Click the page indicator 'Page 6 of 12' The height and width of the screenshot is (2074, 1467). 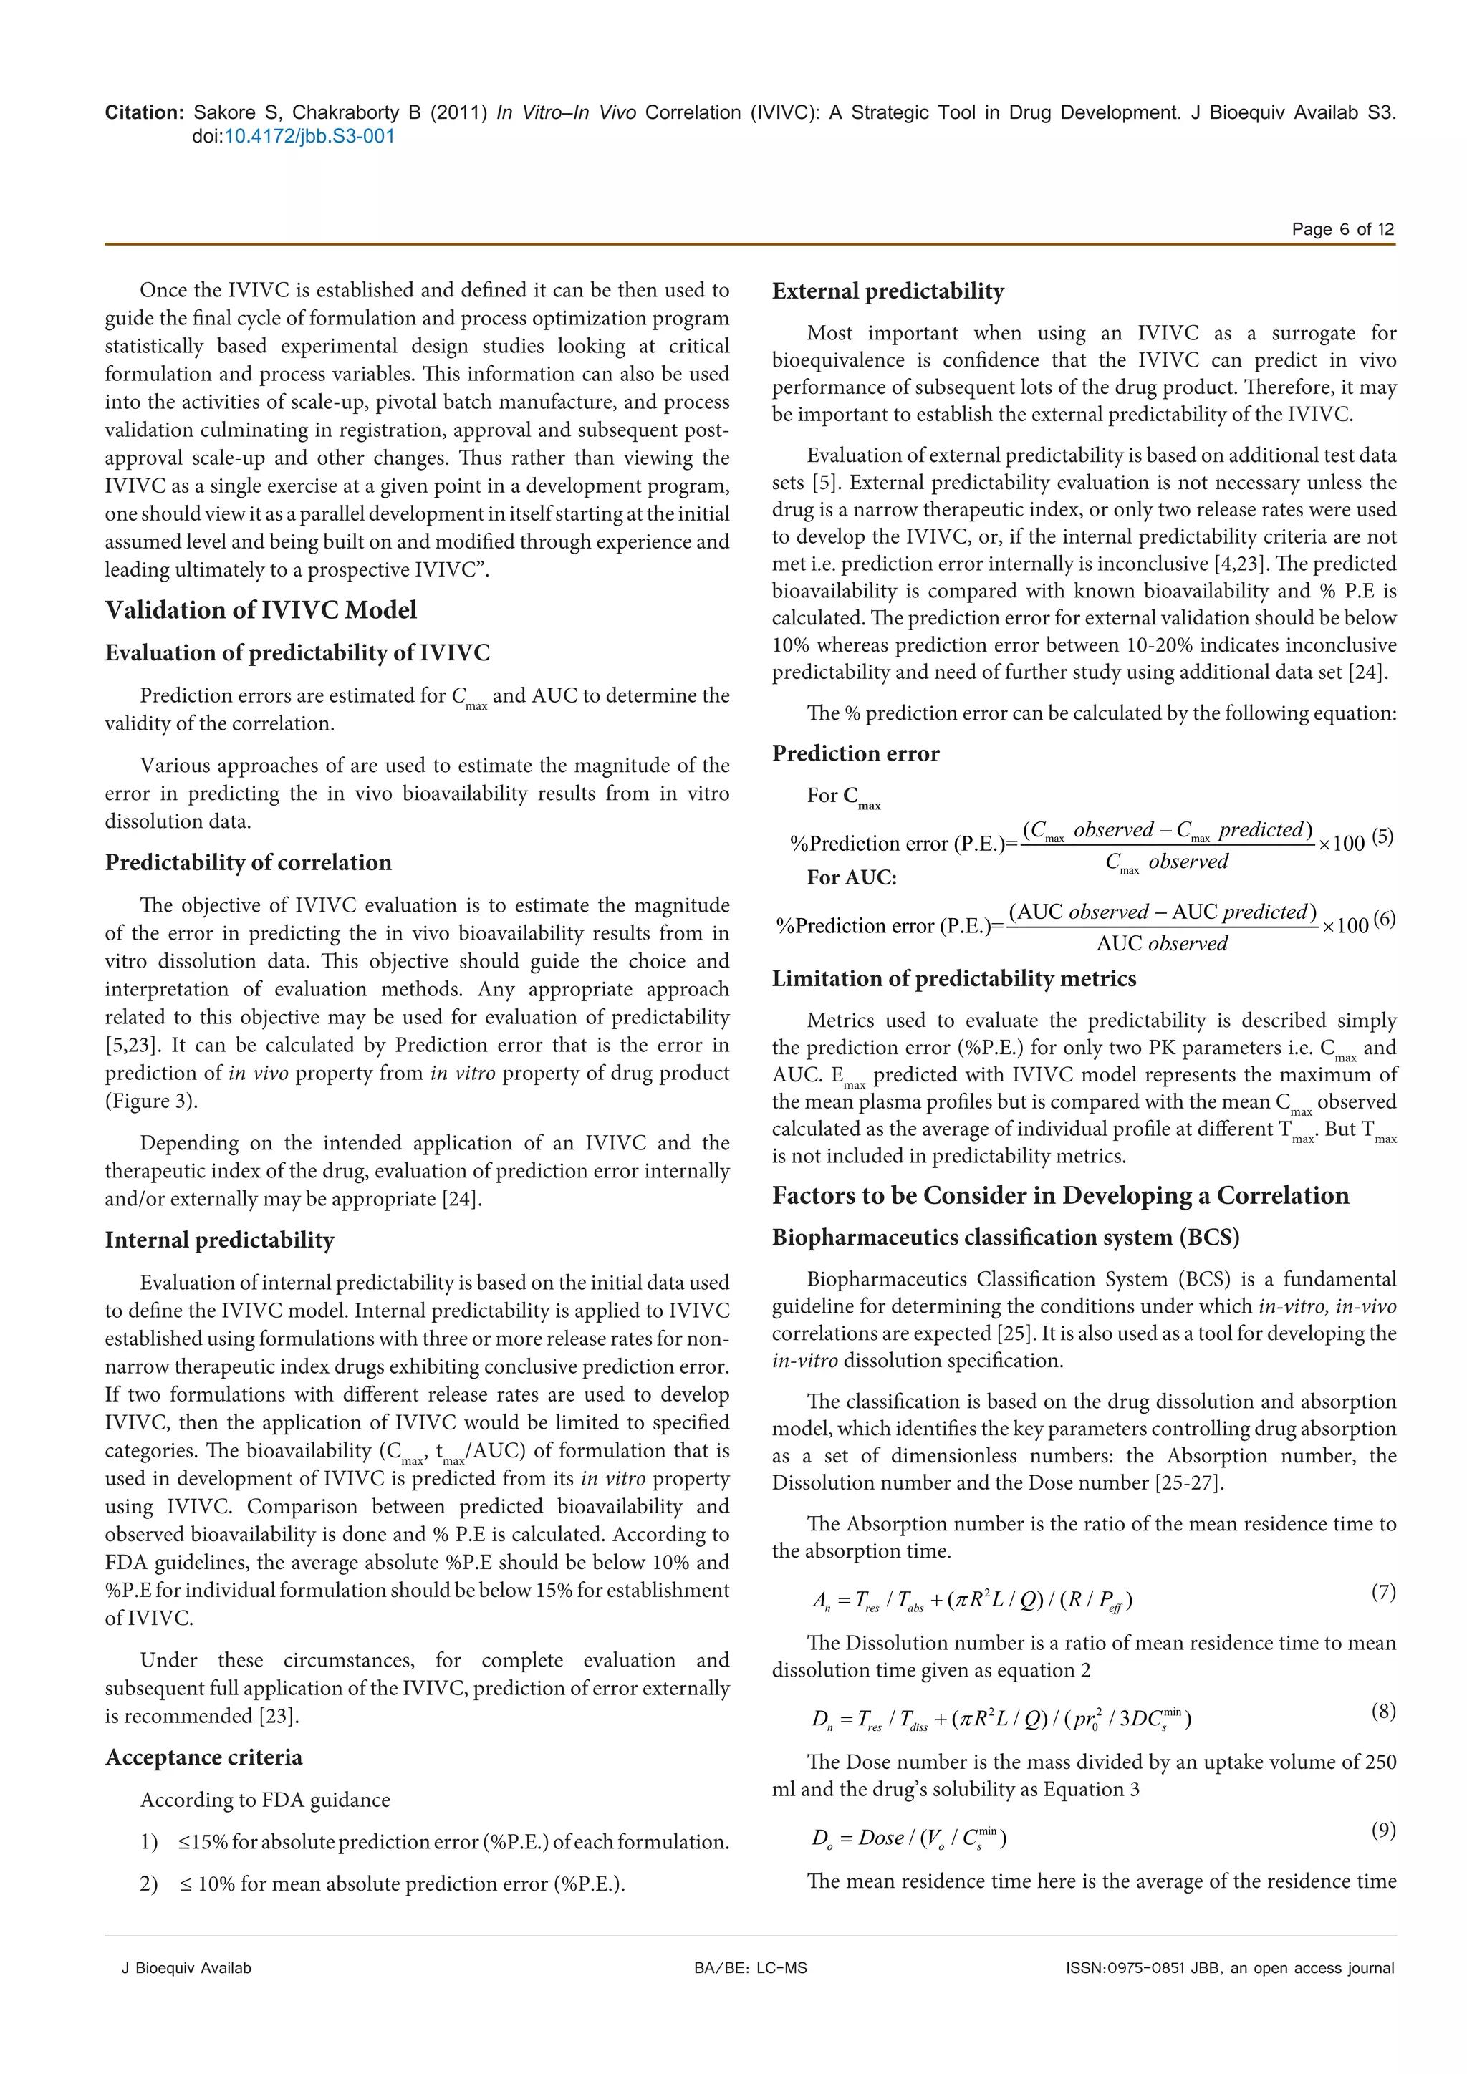[1342, 228]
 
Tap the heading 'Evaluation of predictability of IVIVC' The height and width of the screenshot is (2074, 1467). [297, 652]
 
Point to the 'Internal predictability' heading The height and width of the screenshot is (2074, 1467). [219, 1240]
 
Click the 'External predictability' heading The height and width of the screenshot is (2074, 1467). [888, 291]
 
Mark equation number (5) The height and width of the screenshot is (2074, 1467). [1382, 836]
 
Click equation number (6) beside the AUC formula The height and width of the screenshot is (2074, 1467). [1383, 920]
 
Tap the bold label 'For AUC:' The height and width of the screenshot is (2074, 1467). [851, 877]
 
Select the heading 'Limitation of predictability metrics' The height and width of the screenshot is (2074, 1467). [954, 978]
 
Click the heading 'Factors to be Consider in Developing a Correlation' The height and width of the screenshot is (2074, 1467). [1059, 1195]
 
